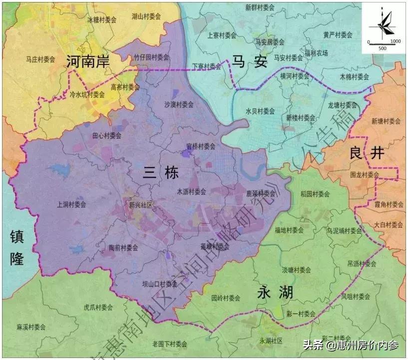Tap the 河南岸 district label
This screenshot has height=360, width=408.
click(x=87, y=61)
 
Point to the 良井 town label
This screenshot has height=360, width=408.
click(x=367, y=153)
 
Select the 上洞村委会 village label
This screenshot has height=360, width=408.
click(x=71, y=204)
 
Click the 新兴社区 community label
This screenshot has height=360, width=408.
click(x=140, y=205)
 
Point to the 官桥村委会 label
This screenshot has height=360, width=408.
click(x=201, y=146)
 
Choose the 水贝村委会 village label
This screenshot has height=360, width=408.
click(x=260, y=111)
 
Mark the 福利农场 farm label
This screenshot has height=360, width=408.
click(x=316, y=53)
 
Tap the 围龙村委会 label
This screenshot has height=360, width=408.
click(x=365, y=175)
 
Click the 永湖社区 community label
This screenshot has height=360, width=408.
click(x=271, y=340)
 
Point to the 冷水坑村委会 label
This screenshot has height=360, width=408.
click(x=87, y=94)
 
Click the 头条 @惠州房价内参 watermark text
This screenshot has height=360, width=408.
click(x=351, y=345)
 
